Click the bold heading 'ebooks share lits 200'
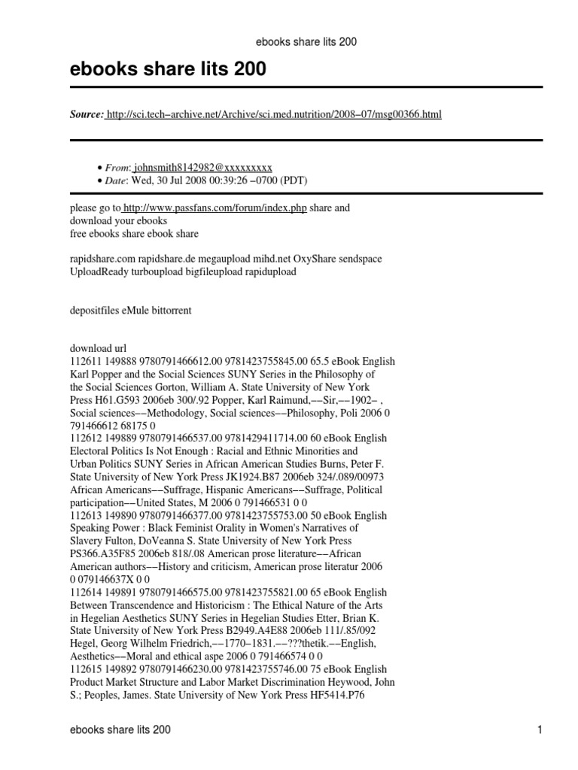tap(168, 70)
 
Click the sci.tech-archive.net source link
tap(274, 114)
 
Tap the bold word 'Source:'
tap(87, 114)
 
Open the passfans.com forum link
tap(214, 208)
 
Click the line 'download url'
tap(99, 349)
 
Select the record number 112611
tap(85, 362)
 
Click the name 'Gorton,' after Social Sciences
tap(173, 387)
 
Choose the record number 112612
tap(85, 438)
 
